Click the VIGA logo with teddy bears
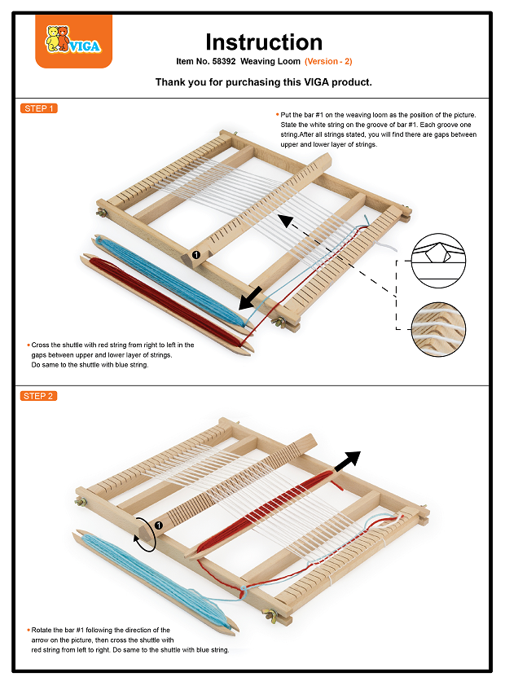click(74, 42)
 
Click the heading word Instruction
click(263, 42)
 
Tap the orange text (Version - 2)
click(328, 62)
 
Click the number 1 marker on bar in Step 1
click(196, 255)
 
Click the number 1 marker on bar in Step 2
click(159, 525)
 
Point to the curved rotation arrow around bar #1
click(144, 534)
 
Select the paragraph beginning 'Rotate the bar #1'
click(129, 640)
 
